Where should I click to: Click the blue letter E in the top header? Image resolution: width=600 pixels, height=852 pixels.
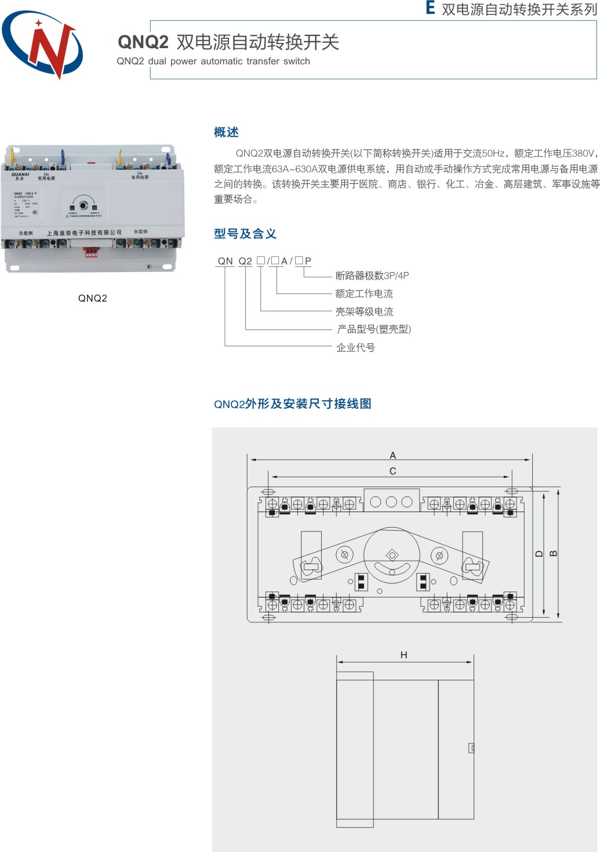pos(430,8)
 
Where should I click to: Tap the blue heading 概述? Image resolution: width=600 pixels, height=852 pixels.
pos(226,132)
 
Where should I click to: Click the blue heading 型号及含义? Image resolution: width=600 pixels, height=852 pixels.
pos(245,234)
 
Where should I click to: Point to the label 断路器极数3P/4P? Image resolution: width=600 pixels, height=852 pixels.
pos(372,275)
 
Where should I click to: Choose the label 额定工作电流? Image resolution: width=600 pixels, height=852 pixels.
pos(363,293)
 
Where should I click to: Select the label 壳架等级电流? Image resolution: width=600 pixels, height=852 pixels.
pos(364,311)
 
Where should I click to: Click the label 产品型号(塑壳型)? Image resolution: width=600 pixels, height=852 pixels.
pos(374,329)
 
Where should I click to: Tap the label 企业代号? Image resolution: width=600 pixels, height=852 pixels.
pos(355,347)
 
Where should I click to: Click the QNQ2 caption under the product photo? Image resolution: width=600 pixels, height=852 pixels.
pos(93,298)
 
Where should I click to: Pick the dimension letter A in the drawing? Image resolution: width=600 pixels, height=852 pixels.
pos(392,455)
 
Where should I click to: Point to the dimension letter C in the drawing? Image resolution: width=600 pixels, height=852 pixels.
pos(392,471)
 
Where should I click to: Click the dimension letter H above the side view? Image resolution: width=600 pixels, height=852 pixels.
pos(403,655)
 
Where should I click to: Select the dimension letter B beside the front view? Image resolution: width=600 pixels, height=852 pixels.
pos(553,553)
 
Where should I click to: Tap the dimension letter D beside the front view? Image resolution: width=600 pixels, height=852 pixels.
pos(539,553)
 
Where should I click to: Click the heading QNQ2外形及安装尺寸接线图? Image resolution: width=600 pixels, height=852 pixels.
pos(293,404)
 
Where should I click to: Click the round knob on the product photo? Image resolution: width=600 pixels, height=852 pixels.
pos(83,206)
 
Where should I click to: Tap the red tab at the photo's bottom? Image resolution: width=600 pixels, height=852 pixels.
pos(90,252)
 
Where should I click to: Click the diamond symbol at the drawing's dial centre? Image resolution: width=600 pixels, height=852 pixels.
pos(392,555)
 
